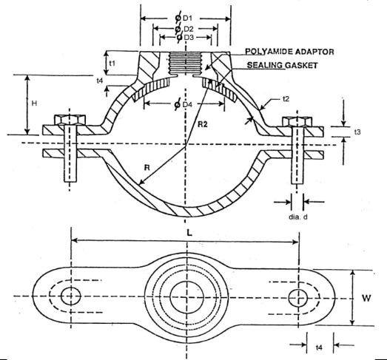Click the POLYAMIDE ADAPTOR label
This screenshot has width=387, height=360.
289,52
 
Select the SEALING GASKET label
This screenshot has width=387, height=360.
283,65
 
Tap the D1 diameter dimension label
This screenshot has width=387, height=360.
184,18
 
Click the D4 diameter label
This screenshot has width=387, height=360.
183,104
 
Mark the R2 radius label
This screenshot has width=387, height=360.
203,125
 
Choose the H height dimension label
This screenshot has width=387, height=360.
34,103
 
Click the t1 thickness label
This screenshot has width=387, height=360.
112,64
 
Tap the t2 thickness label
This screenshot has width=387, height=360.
286,99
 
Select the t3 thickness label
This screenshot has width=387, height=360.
357,132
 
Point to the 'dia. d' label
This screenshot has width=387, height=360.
298,217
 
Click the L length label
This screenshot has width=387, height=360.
189,233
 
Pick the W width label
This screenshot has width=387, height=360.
366,299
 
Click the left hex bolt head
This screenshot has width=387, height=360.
70,120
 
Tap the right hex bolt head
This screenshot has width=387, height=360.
297,122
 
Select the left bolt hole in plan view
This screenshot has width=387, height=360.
71,296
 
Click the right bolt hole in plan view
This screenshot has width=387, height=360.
298,298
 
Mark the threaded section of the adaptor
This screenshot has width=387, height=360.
185,63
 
